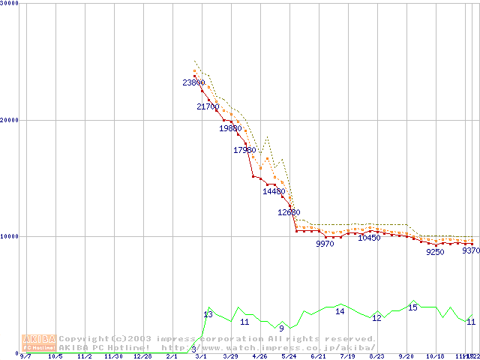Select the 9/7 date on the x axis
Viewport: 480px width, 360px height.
(x=25, y=356)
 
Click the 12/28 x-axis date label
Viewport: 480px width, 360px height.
(x=142, y=356)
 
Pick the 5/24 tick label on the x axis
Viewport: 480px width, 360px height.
(x=289, y=356)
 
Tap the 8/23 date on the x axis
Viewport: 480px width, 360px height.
(x=376, y=356)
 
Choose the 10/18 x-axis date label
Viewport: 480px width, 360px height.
(x=435, y=356)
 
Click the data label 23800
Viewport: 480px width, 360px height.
(x=193, y=82)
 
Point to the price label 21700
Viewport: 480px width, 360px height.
(x=208, y=106)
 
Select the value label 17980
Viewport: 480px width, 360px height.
(x=244, y=150)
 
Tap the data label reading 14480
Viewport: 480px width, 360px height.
(x=274, y=191)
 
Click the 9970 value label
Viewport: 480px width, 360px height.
(x=325, y=244)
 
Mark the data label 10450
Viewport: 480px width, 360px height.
(x=369, y=238)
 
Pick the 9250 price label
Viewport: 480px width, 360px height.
(x=435, y=252)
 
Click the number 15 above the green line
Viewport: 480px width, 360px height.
(x=412, y=307)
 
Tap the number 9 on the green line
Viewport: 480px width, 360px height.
(x=281, y=328)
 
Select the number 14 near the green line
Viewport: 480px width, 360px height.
(x=340, y=311)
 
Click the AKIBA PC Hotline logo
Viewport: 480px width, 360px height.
(x=39, y=343)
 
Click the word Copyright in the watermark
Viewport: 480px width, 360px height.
(x=84, y=339)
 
